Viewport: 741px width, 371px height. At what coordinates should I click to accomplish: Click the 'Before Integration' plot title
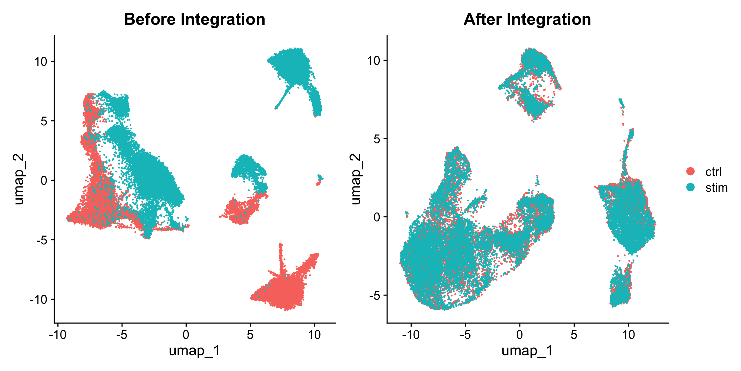(194, 20)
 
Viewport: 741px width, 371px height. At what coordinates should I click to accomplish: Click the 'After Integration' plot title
(527, 20)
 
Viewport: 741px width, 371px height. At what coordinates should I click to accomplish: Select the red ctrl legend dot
(690, 171)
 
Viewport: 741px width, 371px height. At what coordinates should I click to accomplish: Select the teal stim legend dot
(690, 187)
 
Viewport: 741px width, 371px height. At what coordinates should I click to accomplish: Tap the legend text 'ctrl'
(713, 172)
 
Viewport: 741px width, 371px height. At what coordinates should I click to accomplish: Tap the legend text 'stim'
(716, 188)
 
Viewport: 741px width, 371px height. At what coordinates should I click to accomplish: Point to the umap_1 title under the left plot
(194, 351)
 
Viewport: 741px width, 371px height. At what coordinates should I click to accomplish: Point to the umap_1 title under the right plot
(527, 351)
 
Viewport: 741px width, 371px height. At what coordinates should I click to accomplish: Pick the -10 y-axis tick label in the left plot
(39, 300)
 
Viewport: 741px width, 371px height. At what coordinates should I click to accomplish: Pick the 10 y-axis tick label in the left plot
(41, 61)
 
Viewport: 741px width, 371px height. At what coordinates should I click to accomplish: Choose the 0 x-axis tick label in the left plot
(186, 335)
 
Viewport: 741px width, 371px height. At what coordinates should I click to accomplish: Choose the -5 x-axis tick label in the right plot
(465, 335)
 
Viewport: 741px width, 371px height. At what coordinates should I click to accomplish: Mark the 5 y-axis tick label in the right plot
(377, 139)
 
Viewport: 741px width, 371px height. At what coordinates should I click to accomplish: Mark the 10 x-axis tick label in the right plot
(629, 335)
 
